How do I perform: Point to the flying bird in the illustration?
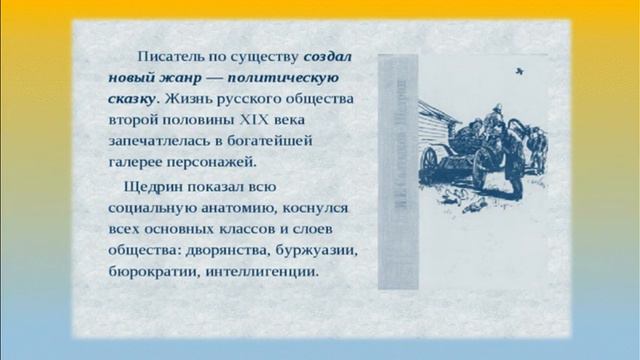coord(518,72)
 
